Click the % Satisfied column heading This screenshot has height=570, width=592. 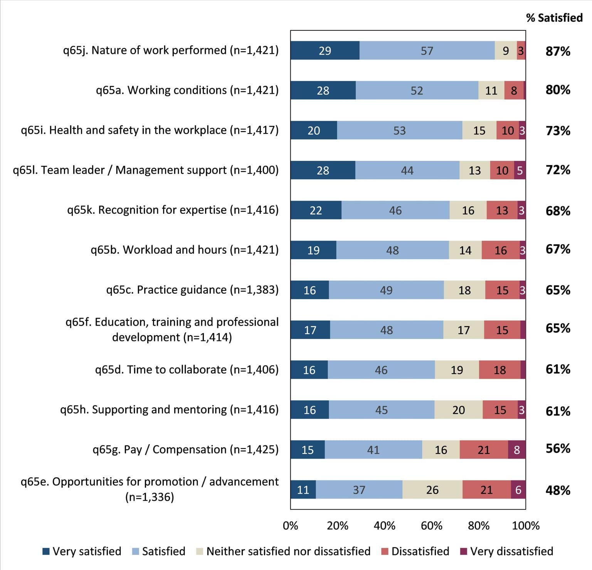[x=554, y=18]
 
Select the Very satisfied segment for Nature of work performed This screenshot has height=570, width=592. [x=325, y=51]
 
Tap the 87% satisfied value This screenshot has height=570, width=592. [x=557, y=51]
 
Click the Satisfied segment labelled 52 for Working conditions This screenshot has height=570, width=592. [x=417, y=90]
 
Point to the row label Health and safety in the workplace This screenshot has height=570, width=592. [x=150, y=130]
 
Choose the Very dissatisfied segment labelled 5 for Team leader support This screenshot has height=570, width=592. [x=520, y=170]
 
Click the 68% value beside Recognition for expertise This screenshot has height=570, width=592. [x=557, y=211]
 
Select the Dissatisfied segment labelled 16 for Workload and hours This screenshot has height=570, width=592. [x=500, y=250]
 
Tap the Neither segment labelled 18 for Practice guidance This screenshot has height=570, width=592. [x=464, y=290]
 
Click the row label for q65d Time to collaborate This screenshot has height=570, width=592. [x=187, y=369]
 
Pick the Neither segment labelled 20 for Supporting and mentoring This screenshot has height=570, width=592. [x=458, y=410]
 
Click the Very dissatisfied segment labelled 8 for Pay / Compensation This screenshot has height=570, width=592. [x=516, y=450]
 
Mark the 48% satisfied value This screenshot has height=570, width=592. [x=557, y=490]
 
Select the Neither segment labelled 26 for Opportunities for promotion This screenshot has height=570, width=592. [x=432, y=490]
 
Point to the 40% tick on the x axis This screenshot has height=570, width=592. [x=384, y=526]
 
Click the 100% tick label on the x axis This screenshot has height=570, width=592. [x=525, y=526]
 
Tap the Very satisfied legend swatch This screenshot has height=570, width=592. [x=46, y=551]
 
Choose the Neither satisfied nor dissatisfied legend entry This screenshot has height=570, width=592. [x=288, y=551]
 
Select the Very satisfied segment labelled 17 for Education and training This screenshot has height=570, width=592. [x=310, y=330]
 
